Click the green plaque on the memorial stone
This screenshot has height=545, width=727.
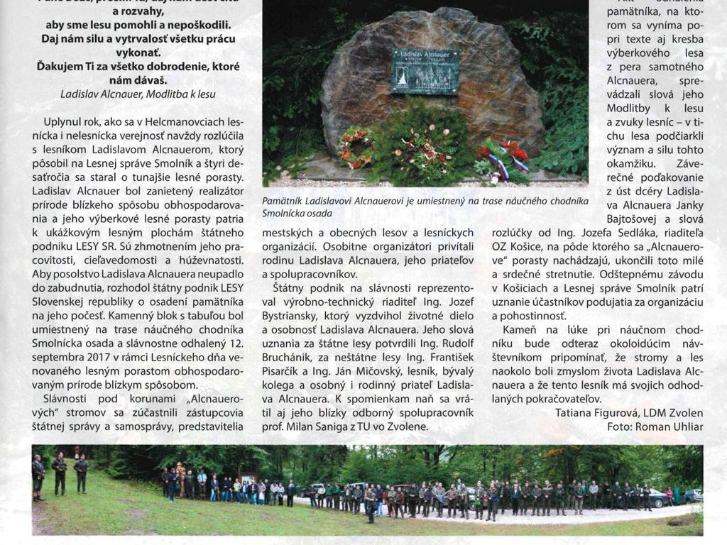425,71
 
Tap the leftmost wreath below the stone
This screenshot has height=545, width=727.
356,145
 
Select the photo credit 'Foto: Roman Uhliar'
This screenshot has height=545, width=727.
655,426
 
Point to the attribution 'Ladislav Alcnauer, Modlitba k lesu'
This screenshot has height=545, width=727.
138,94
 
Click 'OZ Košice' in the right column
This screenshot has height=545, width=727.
517,246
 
